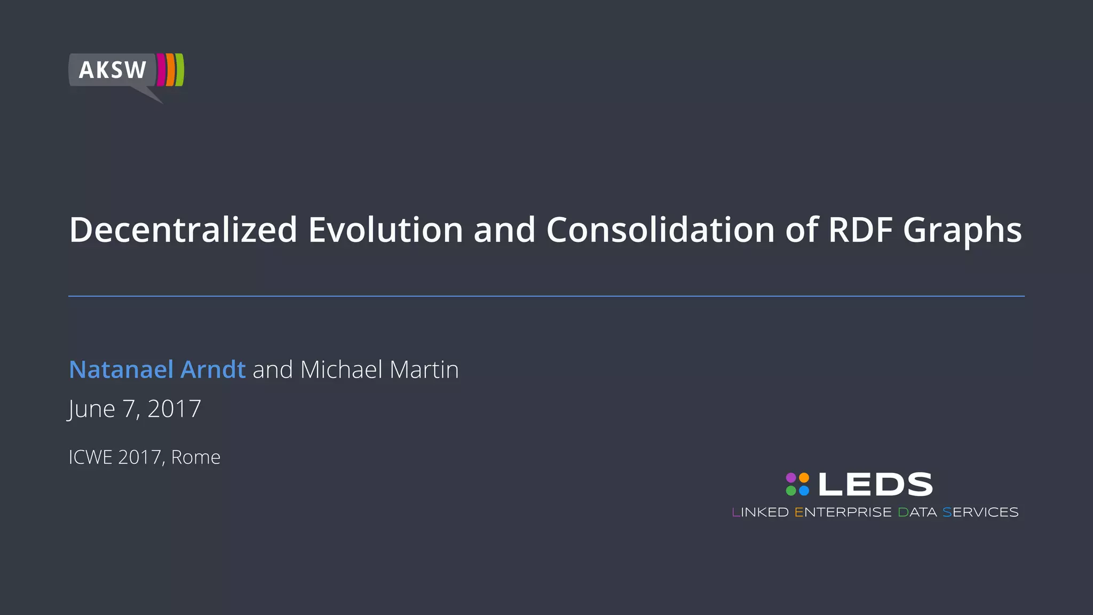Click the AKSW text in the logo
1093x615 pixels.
(113, 70)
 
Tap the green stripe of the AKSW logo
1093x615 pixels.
(180, 69)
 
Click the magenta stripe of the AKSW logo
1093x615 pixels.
(161, 69)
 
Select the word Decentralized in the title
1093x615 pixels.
(183, 230)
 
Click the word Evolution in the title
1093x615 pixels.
(385, 230)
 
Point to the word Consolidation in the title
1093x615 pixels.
(660, 230)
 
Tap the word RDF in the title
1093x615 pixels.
(860, 230)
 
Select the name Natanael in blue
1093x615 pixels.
(121, 369)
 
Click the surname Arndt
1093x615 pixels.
(213, 369)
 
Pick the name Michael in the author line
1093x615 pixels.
(341, 369)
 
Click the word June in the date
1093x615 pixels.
(92, 409)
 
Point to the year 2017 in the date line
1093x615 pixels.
(174, 409)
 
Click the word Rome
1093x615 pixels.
(195, 458)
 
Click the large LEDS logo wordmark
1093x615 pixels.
(875, 484)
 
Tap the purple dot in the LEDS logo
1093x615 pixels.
(791, 477)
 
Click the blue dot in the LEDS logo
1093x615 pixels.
(804, 491)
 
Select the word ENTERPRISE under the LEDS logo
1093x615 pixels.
(843, 512)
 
